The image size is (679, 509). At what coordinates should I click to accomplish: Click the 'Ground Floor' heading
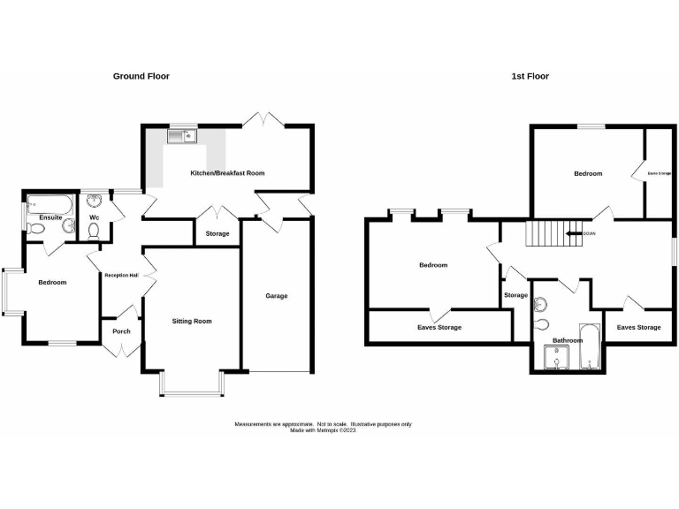[x=141, y=76]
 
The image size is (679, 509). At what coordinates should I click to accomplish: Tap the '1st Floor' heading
[x=530, y=76]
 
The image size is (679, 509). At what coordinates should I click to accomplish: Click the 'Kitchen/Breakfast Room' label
[x=227, y=173]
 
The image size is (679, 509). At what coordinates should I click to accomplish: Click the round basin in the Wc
[x=95, y=201]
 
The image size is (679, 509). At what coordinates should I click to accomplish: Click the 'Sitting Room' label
[x=191, y=321]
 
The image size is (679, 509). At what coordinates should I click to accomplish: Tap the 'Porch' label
[x=120, y=332]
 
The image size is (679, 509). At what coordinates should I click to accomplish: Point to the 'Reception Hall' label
[x=120, y=275]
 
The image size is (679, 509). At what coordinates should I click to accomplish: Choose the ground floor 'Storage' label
[x=217, y=234]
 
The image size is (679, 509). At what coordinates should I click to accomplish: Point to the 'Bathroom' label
[x=568, y=340]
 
